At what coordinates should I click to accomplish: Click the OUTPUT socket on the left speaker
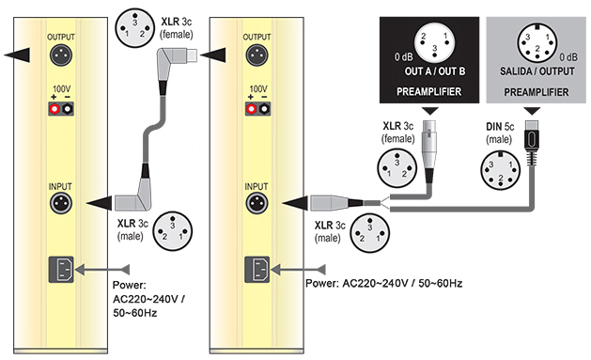click(61, 55)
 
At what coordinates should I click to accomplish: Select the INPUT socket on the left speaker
click(61, 204)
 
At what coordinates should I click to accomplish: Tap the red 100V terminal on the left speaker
click(54, 109)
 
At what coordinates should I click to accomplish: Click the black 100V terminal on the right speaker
click(264, 109)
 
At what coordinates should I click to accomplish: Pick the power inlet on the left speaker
click(61, 270)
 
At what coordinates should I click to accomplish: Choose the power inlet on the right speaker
click(257, 270)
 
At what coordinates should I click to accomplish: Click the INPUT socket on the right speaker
click(257, 204)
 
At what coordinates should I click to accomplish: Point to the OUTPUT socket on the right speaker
click(257, 55)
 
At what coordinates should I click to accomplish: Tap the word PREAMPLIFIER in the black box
click(429, 91)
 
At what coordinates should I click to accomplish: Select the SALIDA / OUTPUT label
click(537, 71)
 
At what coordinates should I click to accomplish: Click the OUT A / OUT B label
click(435, 71)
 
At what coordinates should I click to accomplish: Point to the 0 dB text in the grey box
click(568, 57)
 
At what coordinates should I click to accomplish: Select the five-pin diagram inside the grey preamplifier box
click(537, 42)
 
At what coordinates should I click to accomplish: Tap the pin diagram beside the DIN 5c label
click(500, 169)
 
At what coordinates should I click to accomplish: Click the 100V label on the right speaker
click(258, 89)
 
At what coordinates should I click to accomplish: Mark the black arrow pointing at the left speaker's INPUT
click(100, 203)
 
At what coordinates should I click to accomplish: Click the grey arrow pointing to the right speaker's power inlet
click(298, 270)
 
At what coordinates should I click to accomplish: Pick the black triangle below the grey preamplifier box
click(532, 111)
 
